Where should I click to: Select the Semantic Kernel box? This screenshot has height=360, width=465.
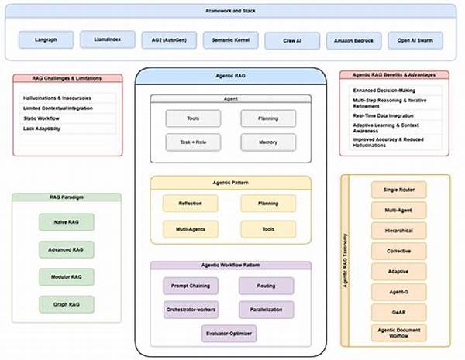point(230,39)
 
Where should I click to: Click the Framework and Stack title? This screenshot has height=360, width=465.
point(230,10)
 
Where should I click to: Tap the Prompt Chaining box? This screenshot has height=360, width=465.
point(191,286)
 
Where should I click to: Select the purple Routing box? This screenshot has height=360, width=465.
point(267,286)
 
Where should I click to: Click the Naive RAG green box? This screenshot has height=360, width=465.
point(66,221)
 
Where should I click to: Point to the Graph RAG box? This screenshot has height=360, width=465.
point(66,305)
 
